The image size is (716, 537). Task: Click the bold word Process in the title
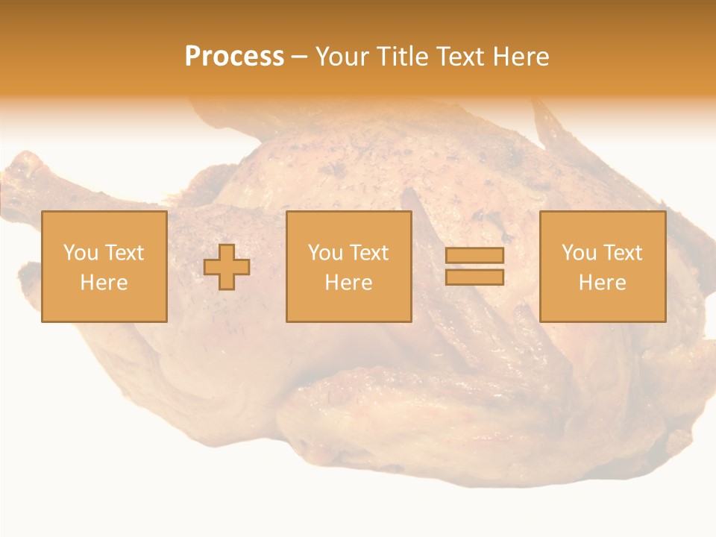[234, 57]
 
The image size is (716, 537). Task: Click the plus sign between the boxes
[227, 267]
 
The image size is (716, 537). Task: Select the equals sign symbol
[474, 266]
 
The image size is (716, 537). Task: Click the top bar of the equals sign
[474, 255]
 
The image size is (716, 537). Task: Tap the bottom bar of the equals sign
[474, 277]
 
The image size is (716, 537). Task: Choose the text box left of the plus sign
[104, 266]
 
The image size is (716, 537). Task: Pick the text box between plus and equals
[349, 266]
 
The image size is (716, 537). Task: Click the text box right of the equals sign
[603, 266]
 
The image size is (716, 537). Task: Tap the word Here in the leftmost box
[104, 283]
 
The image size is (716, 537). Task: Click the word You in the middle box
[325, 253]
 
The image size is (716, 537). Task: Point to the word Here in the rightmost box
[603, 283]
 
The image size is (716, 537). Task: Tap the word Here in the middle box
[349, 283]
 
